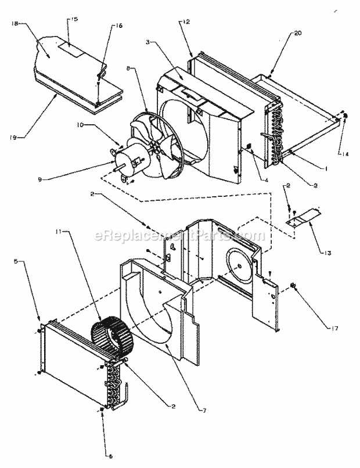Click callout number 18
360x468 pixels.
click(x=15, y=24)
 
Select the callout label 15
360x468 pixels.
click(x=73, y=19)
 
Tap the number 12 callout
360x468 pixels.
click(x=186, y=21)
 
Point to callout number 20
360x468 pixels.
click(x=298, y=34)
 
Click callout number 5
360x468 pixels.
click(x=16, y=262)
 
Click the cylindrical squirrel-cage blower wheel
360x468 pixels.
click(x=111, y=337)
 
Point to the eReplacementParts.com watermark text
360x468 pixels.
click(x=179, y=235)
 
